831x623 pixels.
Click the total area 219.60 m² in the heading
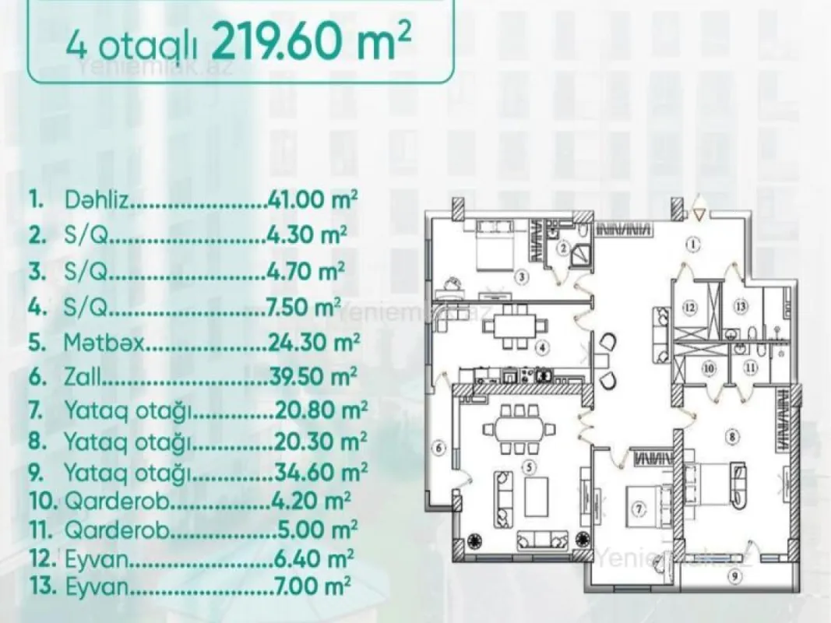pos(312,45)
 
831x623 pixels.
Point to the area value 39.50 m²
pos(312,377)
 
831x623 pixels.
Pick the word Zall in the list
pos(83,378)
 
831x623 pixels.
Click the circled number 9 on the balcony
pos(733,576)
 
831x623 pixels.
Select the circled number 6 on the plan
pos(438,448)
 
